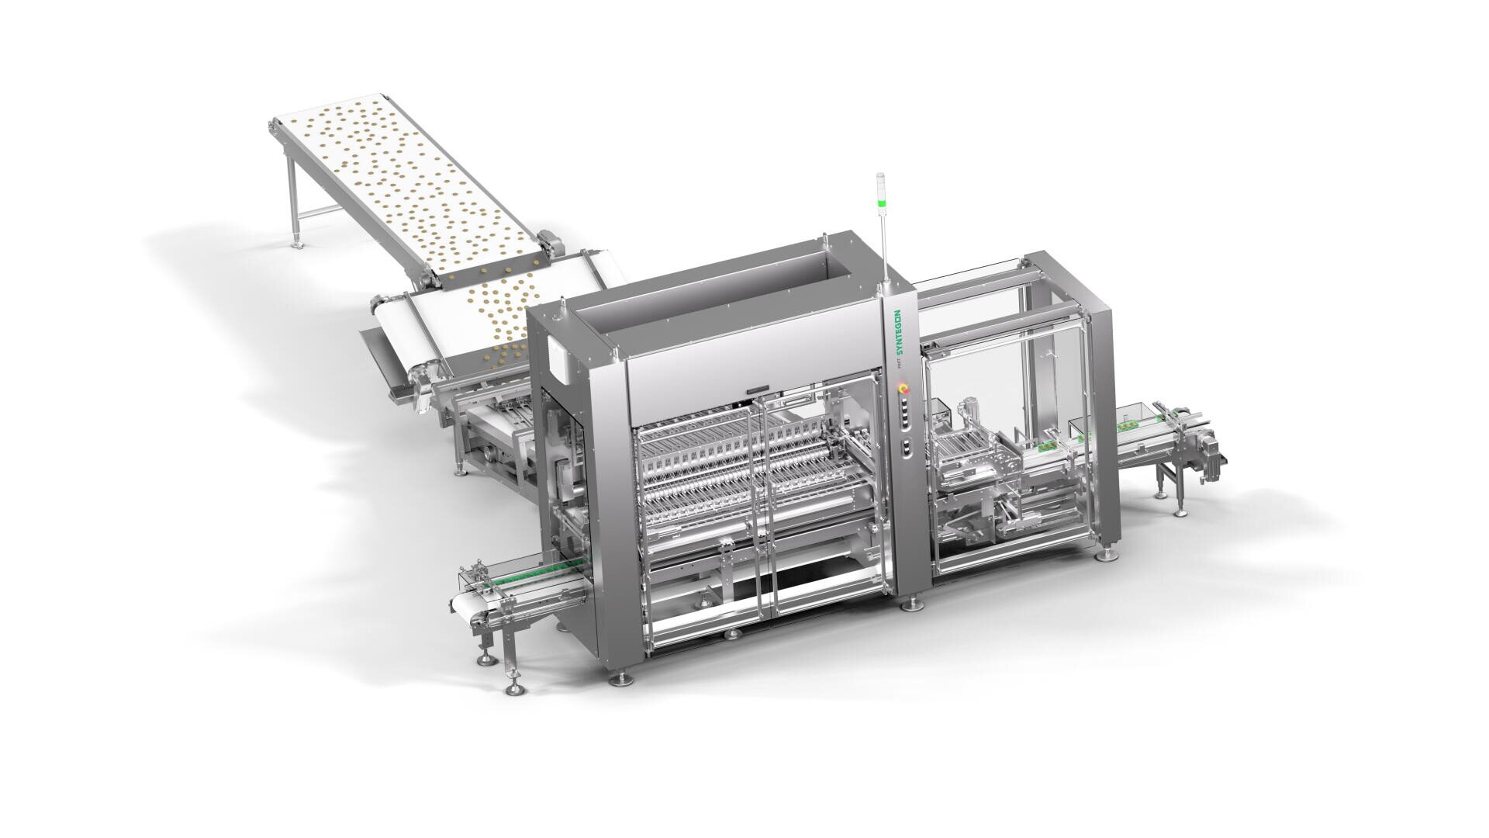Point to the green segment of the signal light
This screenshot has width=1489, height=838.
coord(880,204)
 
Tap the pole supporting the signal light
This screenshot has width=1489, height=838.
coord(883,248)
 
